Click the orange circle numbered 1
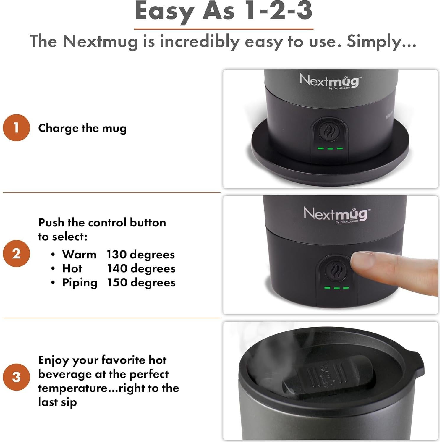16,128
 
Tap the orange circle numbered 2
16,254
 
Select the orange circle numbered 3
16,377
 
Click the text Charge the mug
82,128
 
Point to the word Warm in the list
79,255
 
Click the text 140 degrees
141,268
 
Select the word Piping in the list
80,283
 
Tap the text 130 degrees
141,255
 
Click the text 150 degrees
141,283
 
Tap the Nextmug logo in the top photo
330,81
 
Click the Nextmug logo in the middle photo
335,214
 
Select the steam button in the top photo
329,131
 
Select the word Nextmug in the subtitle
100,41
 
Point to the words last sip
57,402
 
